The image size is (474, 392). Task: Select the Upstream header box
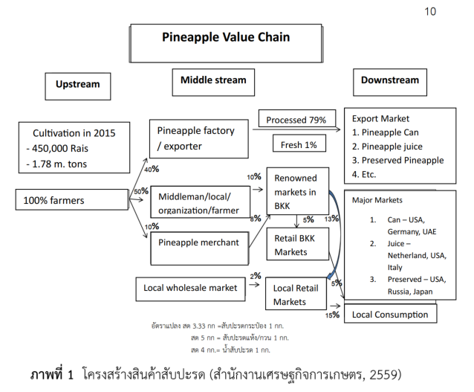[x=77, y=84]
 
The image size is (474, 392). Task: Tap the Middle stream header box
[x=213, y=80]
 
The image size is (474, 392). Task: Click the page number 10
[x=431, y=11]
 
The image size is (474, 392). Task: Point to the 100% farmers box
[x=72, y=201]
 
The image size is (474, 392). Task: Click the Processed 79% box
[x=296, y=119]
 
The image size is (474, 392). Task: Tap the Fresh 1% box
[x=297, y=144]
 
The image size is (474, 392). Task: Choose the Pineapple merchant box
[x=200, y=242]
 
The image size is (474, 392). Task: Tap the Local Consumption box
[x=389, y=314]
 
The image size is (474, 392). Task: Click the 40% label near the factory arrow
[x=151, y=170]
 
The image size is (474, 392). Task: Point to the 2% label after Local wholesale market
[x=256, y=275]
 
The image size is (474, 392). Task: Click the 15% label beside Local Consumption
[x=332, y=315]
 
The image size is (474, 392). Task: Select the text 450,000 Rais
[x=60, y=149]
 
